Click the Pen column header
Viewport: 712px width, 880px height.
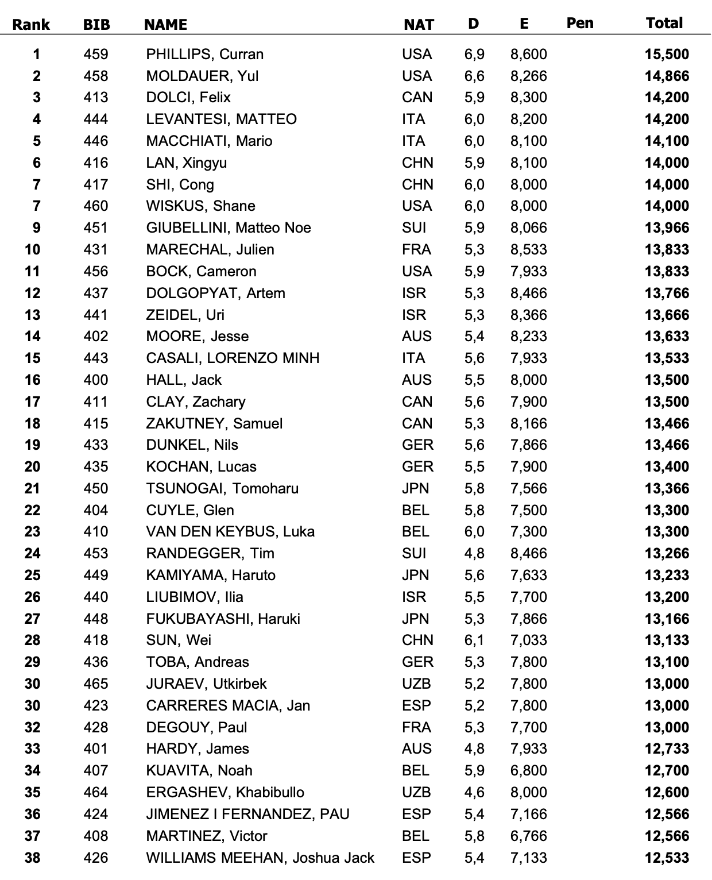[580, 24]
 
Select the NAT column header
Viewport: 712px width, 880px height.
[419, 25]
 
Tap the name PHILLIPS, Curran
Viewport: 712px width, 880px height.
[205, 55]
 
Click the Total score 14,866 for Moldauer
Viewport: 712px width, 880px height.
[667, 76]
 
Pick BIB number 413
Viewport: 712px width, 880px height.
[96, 98]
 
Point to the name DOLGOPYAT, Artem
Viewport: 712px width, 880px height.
[215, 294]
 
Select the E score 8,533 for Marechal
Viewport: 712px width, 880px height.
[528, 250]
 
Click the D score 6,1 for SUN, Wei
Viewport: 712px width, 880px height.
[474, 640]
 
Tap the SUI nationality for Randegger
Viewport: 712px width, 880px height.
[414, 554]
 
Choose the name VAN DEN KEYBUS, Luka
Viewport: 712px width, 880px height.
[230, 532]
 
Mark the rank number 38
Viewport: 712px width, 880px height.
[33, 858]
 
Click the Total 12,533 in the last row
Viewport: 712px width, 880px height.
[667, 858]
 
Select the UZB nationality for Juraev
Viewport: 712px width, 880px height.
[416, 684]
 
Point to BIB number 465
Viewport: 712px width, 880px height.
[96, 684]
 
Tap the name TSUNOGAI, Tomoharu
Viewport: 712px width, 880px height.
[222, 489]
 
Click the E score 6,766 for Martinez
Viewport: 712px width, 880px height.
[528, 836]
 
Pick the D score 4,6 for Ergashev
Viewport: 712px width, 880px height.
[474, 793]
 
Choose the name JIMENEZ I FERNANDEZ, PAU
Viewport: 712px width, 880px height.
[247, 815]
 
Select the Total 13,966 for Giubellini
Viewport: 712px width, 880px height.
[667, 228]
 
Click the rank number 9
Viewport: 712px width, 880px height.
[37, 228]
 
